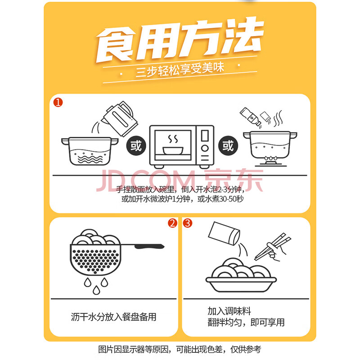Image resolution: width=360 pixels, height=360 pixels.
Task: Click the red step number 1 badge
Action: [58, 103]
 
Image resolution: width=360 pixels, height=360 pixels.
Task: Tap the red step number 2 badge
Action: [172, 223]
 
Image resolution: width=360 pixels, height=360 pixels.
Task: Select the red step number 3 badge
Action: [188, 223]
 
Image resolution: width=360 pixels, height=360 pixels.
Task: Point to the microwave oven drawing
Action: [182, 147]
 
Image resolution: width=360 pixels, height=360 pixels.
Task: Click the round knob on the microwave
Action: [205, 148]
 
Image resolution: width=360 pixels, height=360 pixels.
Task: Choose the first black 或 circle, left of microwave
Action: [136, 145]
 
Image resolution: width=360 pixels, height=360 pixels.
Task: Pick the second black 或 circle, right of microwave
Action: [228, 145]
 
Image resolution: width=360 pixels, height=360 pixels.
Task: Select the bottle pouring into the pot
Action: [250, 117]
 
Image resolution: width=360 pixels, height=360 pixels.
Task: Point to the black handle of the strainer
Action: [149, 246]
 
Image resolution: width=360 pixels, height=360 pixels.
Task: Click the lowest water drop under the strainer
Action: [96, 290]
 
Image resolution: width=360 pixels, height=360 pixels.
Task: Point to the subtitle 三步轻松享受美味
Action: [180, 70]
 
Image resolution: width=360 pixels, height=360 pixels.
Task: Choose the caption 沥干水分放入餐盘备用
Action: [113, 317]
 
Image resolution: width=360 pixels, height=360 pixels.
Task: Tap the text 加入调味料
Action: [229, 311]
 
